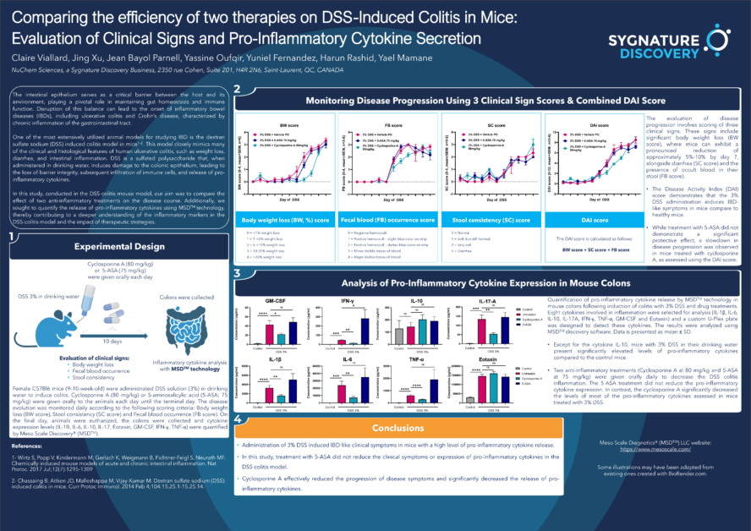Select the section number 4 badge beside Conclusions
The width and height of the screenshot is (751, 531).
pyautogui.click(x=239, y=419)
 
